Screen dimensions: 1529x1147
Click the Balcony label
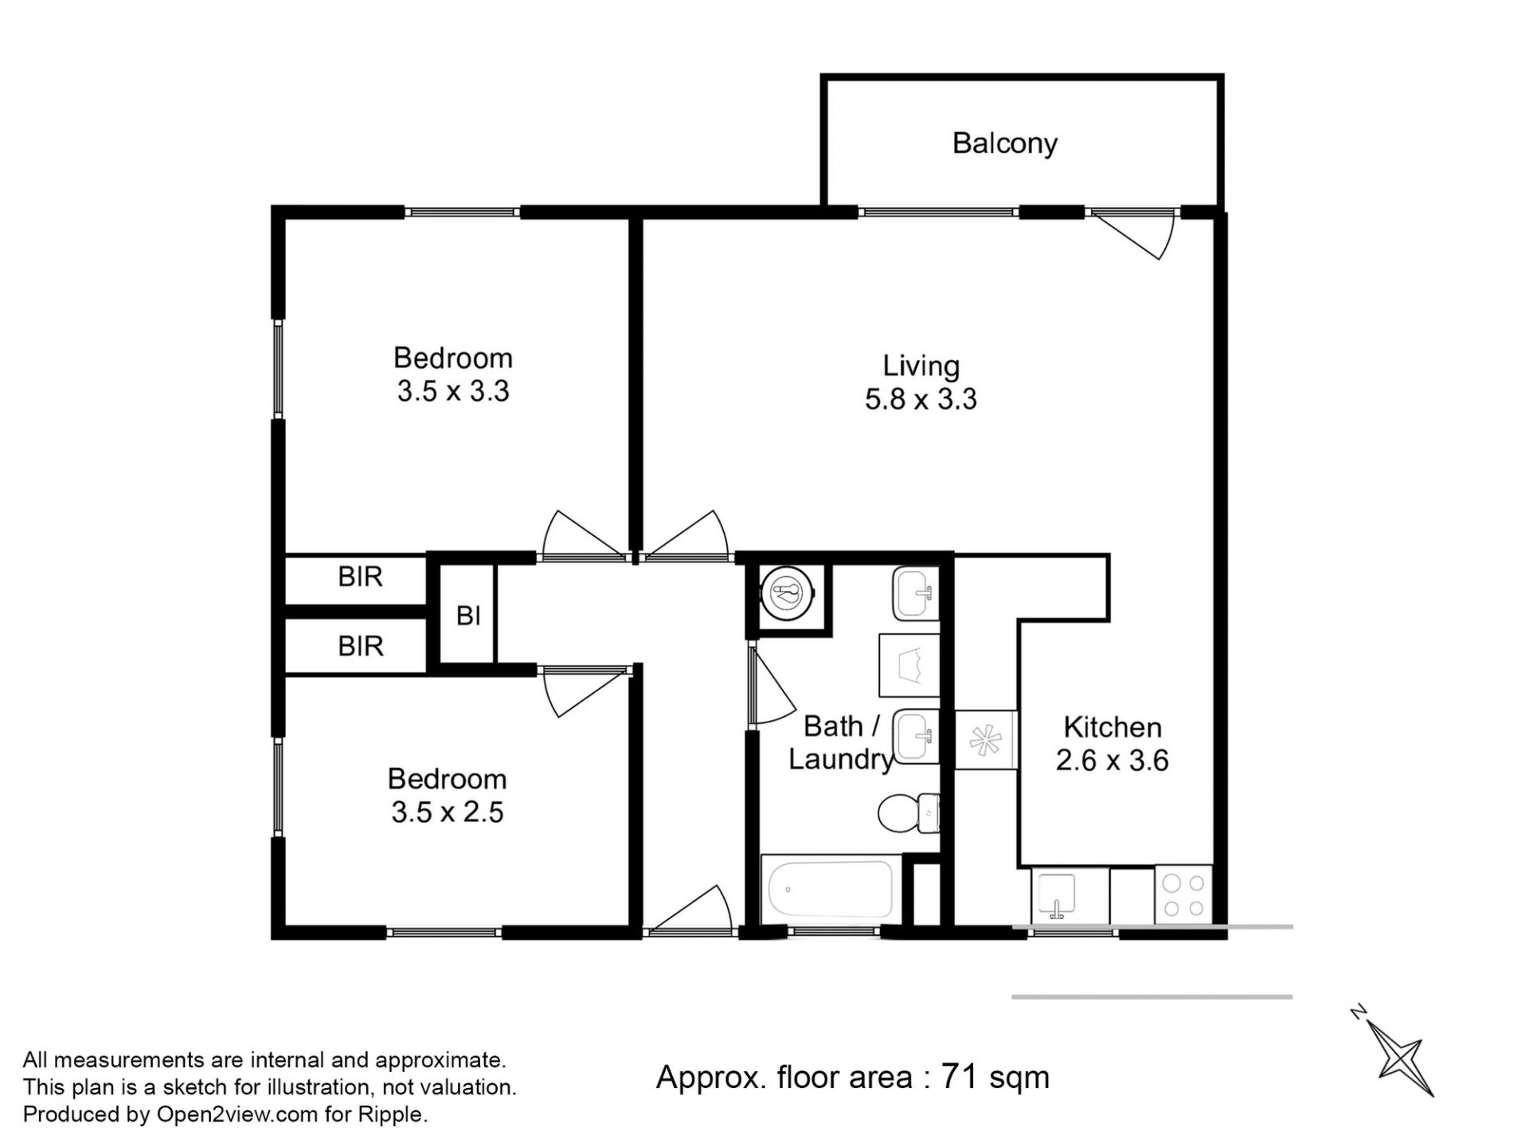tap(1005, 144)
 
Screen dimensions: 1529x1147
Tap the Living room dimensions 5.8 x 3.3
tap(921, 399)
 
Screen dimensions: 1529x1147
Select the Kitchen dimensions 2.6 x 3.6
tap(1112, 761)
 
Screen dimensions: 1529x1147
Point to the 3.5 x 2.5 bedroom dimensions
tap(448, 812)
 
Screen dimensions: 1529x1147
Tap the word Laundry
tap(841, 761)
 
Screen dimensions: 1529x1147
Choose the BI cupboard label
tap(468, 616)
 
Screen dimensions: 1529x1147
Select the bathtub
tap(831, 890)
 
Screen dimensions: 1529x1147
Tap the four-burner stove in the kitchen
tap(1183, 895)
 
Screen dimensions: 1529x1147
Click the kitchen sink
tap(1058, 895)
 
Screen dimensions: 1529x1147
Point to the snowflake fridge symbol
tap(985, 740)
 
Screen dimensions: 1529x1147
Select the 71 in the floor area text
tap(960, 1077)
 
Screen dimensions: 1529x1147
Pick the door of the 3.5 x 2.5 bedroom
tap(589, 691)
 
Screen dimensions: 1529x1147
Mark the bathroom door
tap(772, 685)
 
